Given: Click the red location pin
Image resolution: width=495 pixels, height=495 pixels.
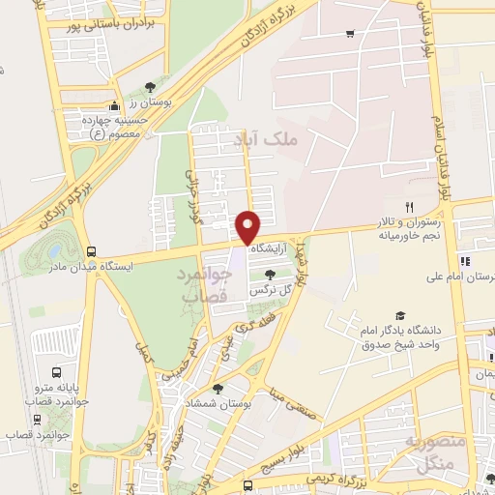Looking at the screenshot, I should (x=248, y=227).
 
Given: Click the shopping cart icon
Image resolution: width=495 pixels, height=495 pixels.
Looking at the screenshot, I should (x=349, y=34).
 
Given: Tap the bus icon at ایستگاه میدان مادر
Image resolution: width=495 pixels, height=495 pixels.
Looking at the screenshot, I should (x=92, y=249).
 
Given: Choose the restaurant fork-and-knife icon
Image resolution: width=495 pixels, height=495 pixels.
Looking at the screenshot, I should (x=410, y=208).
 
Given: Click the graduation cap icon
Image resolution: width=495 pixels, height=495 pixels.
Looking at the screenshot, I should (x=400, y=316).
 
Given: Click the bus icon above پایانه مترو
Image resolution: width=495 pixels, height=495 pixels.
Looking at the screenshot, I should (x=56, y=372).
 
